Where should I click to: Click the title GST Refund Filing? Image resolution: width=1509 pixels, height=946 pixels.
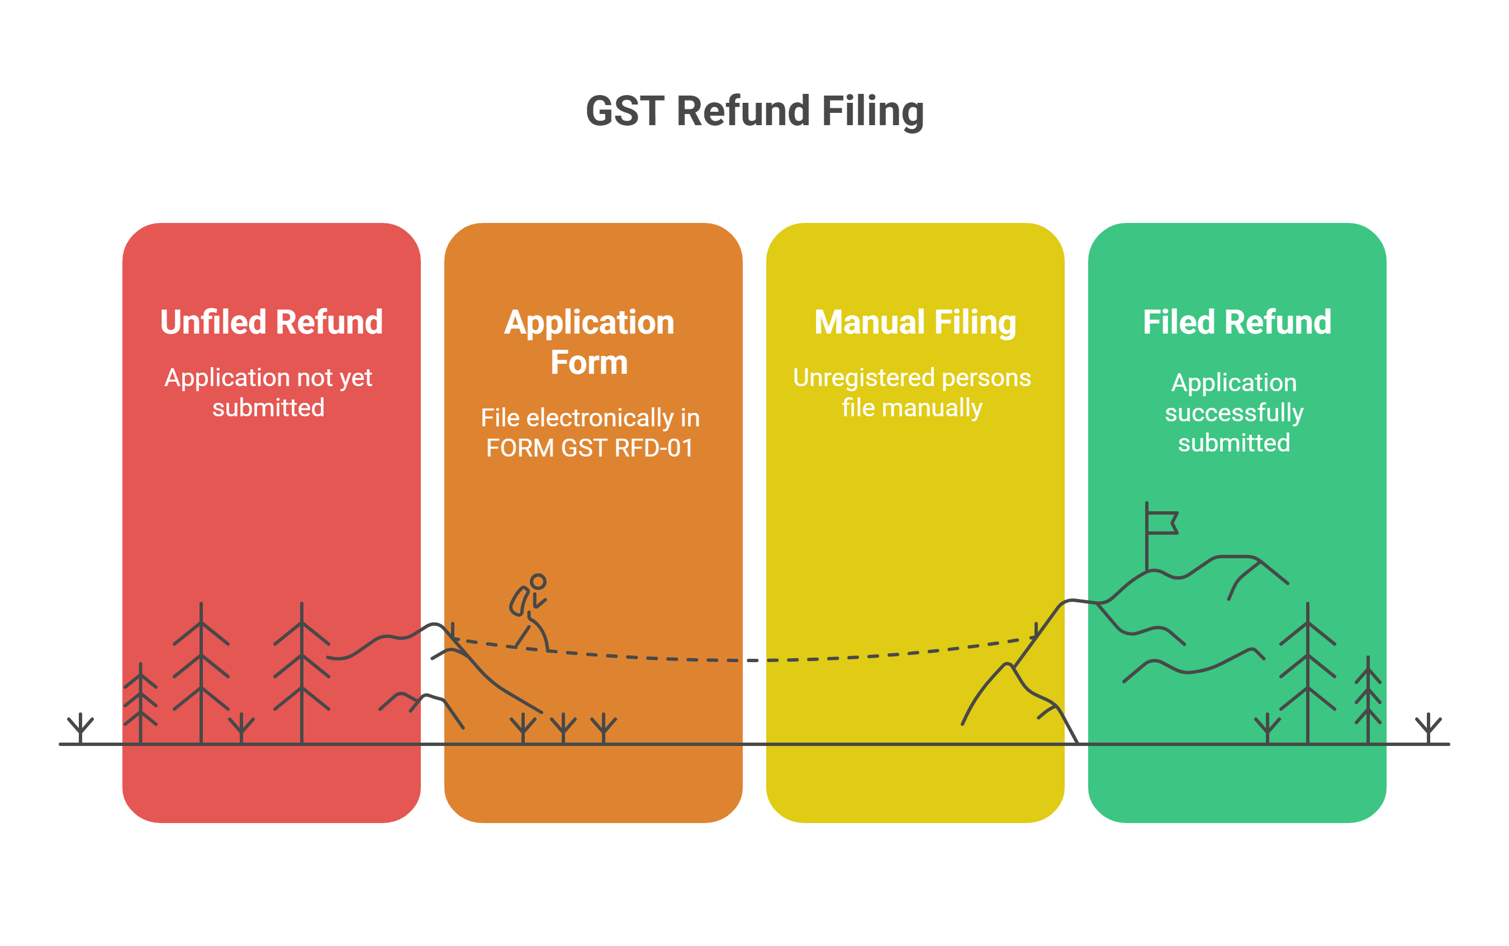tap(754, 111)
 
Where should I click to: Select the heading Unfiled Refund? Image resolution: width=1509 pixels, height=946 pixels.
tap(271, 322)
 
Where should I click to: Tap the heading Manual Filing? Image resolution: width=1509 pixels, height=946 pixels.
tap(915, 322)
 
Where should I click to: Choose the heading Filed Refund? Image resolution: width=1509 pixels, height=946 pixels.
tap(1237, 322)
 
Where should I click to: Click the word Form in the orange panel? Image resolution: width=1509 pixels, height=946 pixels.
tap(589, 363)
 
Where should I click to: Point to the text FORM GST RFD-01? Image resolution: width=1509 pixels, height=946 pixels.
tap(589, 448)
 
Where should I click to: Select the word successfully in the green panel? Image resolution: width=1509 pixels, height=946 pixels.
tap(1233, 413)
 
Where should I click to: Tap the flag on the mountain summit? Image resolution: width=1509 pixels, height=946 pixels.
tap(1162, 523)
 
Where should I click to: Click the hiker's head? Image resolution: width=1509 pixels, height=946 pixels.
tap(538, 582)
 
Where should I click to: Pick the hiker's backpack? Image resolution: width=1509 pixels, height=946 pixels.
tap(519, 601)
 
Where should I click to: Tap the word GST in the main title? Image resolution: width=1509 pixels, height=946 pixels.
tap(625, 111)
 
